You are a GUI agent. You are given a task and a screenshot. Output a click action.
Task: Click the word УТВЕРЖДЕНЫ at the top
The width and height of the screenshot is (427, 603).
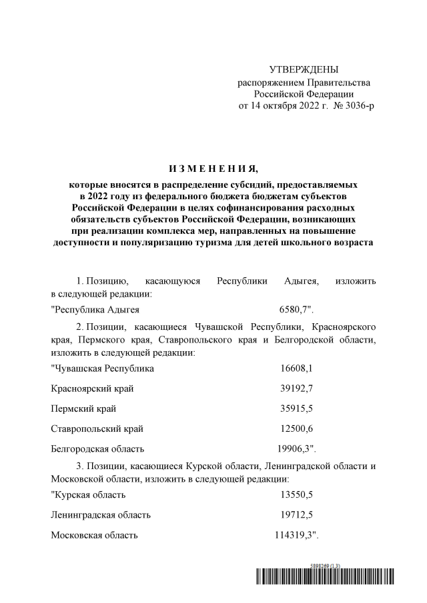pyautogui.click(x=304, y=69)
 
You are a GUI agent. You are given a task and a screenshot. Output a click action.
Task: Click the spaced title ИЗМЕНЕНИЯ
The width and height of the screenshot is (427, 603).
pyautogui.click(x=213, y=167)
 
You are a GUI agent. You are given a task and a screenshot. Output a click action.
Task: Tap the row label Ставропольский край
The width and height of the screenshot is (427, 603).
pyautogui.click(x=97, y=428)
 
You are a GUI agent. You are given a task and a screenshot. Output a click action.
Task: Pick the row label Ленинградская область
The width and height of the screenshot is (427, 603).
pyautogui.click(x=101, y=514)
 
